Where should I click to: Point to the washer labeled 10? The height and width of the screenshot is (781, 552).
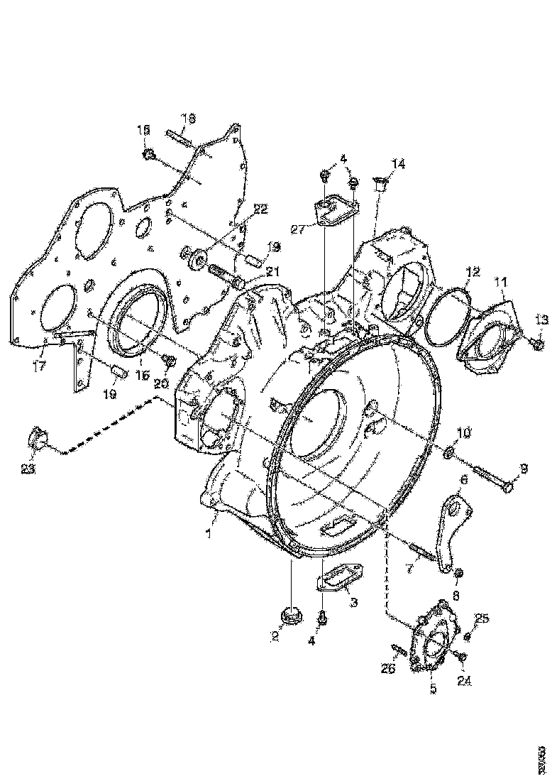click(x=449, y=452)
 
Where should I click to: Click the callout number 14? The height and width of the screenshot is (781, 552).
click(x=398, y=165)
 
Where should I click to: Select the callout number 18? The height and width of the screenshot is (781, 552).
click(x=188, y=118)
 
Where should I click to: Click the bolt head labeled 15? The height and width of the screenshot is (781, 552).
click(x=149, y=154)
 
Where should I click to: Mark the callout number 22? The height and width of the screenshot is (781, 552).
click(x=260, y=209)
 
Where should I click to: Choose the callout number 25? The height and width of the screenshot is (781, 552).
click(x=482, y=618)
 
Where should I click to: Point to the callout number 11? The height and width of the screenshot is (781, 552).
click(x=502, y=283)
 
